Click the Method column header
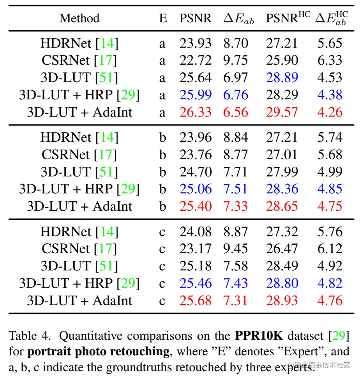79,18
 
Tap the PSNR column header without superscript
195,18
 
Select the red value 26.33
195,112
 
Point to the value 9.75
235,60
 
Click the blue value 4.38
330,95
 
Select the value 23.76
195,155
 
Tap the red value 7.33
235,206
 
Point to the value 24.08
195,232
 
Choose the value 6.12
330,249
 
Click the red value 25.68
195,300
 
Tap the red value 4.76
330,300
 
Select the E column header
163,18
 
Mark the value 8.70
235,43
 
